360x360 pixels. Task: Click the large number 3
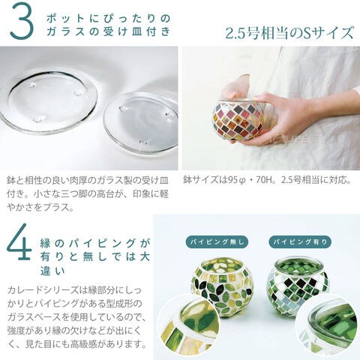coord(22,21)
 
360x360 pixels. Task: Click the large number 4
coord(19,241)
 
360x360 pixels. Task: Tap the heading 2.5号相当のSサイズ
coord(289,33)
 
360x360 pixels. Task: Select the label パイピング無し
coord(217,241)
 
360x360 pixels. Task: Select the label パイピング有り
coord(300,241)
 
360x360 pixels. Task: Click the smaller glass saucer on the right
coord(141,122)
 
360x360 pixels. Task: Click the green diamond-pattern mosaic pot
coord(298,279)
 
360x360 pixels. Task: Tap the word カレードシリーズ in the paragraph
coord(43,290)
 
